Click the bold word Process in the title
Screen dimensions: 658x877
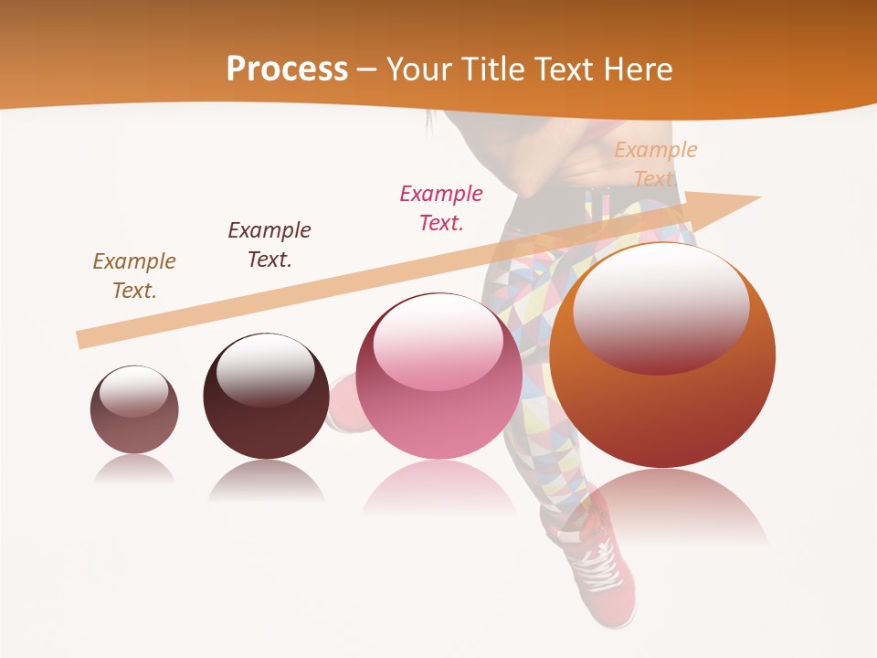[287, 69]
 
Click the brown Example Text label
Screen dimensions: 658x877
[134, 276]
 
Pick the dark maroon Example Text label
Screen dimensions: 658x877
[269, 244]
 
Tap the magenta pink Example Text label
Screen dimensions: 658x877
[441, 207]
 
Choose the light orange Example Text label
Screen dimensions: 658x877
[655, 164]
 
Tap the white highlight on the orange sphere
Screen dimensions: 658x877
[660, 308]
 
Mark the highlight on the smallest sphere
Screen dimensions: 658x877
[133, 391]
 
